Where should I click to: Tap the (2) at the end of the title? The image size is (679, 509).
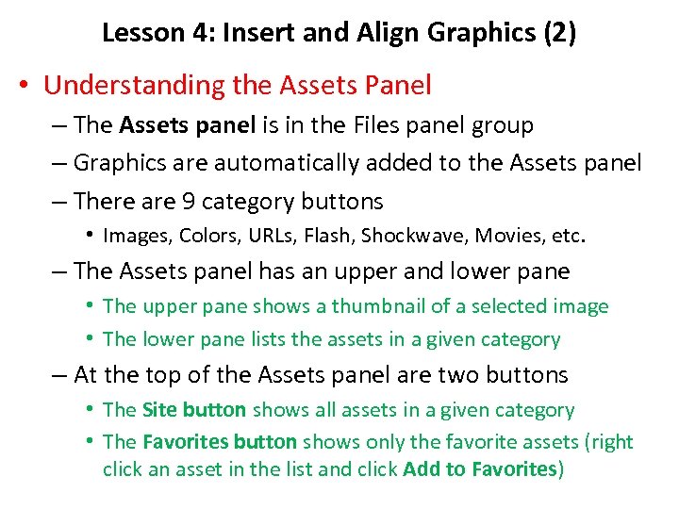[557, 33]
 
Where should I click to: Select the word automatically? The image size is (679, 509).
[286, 163]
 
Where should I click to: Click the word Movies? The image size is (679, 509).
[497, 236]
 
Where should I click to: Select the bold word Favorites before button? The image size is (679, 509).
[186, 442]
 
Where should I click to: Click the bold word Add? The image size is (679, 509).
[420, 468]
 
